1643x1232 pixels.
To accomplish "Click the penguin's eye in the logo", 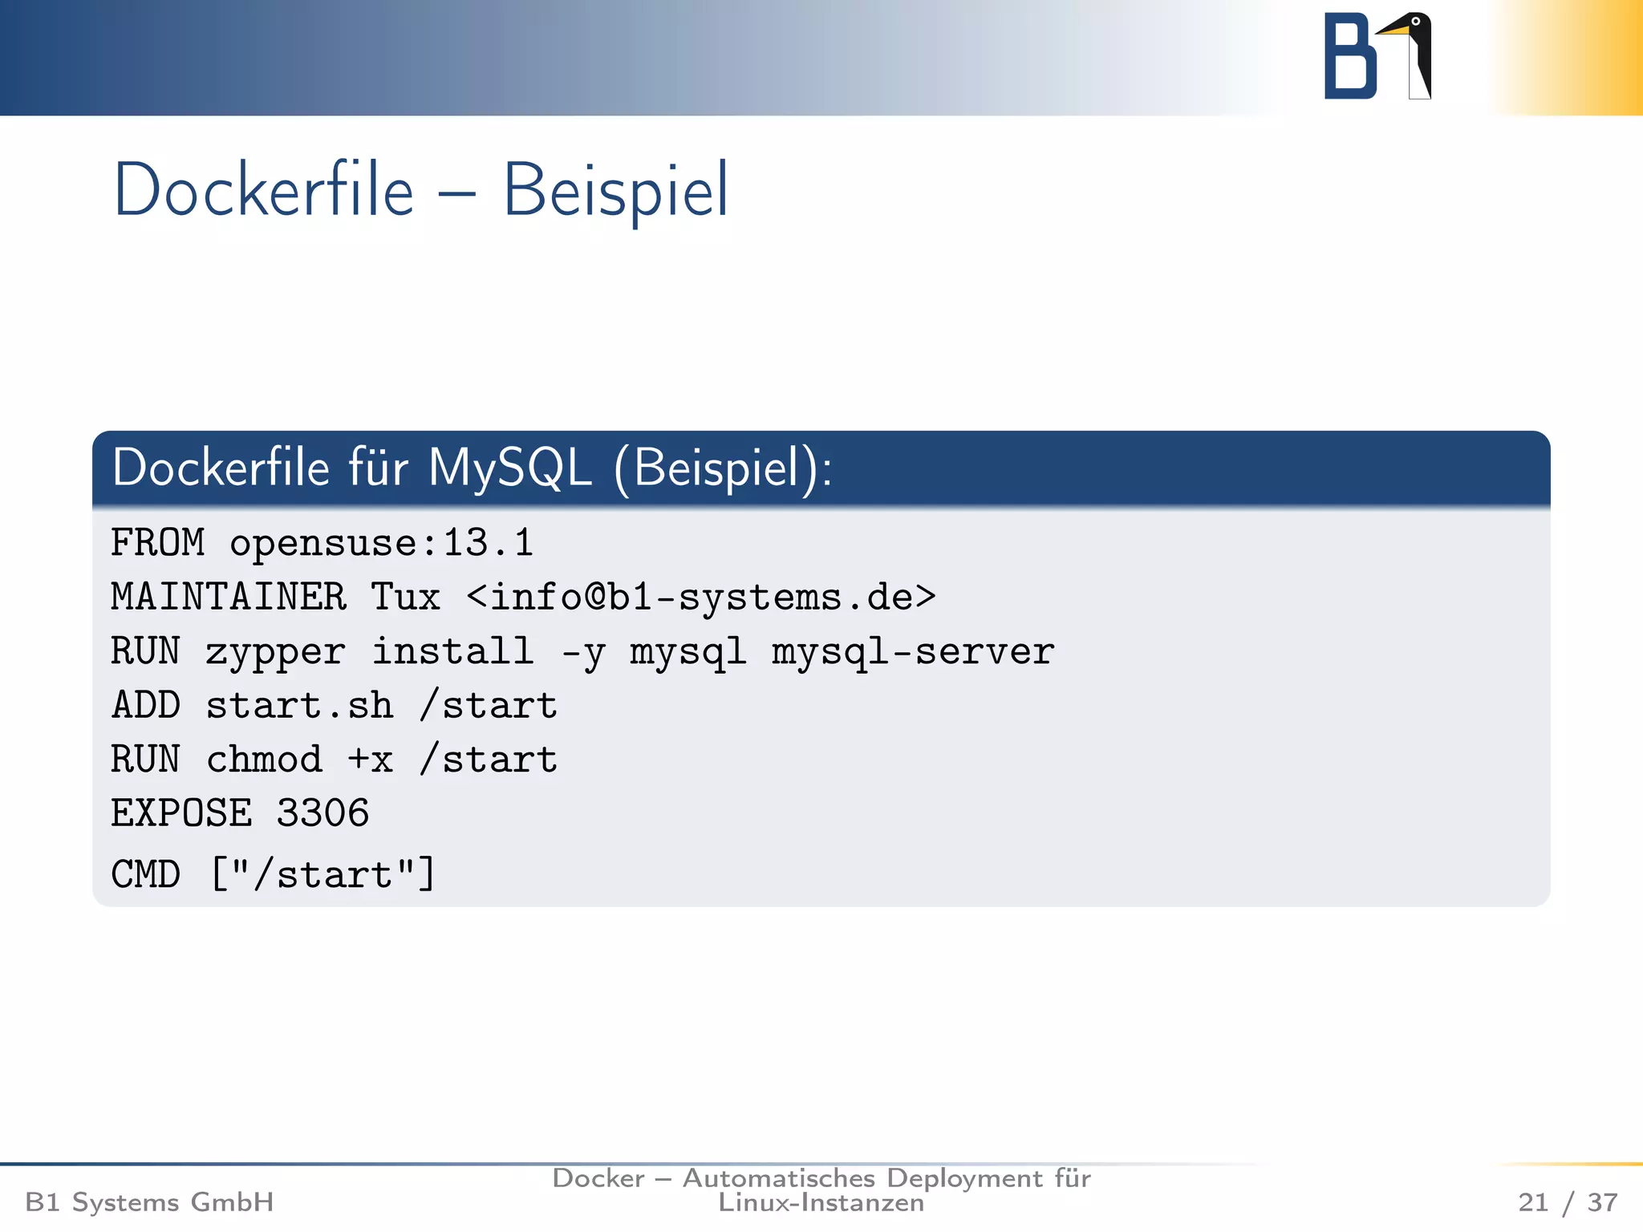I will [1416, 22].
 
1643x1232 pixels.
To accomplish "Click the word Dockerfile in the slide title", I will [264, 191].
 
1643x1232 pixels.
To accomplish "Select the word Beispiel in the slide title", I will [615, 191].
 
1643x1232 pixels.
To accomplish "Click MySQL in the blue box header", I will [510, 468].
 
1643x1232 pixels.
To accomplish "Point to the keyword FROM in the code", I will [158, 543].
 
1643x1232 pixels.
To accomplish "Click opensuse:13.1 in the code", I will [381, 544].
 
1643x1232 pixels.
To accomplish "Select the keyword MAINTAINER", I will [229, 598].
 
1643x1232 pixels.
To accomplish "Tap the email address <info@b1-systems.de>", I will [700, 598].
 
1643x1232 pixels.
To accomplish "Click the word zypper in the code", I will [275, 652].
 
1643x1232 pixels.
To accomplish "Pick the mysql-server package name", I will [913, 652].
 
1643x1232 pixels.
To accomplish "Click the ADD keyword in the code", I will [146, 706].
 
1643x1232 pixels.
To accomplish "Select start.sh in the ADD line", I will [299, 706].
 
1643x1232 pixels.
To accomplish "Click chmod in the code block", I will [264, 760].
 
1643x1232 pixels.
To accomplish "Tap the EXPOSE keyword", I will [181, 813].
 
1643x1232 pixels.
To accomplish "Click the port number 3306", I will [323, 813].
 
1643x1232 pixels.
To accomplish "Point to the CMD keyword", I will [146, 874].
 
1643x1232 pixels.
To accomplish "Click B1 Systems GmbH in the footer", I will [149, 1202].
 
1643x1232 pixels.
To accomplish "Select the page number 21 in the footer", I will [1533, 1202].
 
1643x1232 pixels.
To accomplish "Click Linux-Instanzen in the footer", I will [821, 1203].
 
